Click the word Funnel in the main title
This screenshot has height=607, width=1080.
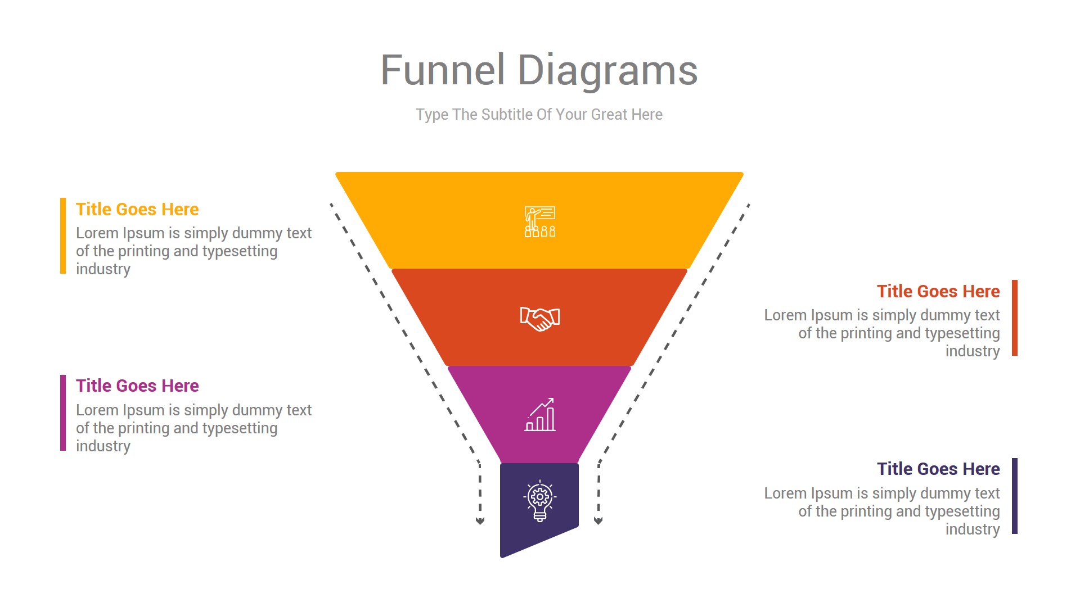tap(443, 71)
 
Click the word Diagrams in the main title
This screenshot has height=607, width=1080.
tap(607, 71)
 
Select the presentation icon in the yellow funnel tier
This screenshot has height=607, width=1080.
tap(540, 221)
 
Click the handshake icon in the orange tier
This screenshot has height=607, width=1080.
tap(540, 319)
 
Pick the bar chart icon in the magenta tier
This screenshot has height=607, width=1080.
tap(540, 415)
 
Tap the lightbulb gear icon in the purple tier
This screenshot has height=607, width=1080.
tap(540, 500)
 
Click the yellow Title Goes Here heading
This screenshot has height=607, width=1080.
tap(137, 209)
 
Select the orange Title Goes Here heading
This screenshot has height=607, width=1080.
tap(938, 291)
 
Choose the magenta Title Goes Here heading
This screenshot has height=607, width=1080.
tap(137, 386)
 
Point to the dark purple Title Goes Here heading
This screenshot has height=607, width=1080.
tap(938, 469)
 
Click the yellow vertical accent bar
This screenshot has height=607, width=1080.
tap(63, 236)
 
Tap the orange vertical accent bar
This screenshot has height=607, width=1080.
tap(1015, 318)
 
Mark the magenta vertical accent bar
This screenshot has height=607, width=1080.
tap(63, 413)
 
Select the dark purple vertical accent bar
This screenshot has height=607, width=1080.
tap(1015, 496)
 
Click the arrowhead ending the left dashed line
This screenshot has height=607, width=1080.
tap(480, 521)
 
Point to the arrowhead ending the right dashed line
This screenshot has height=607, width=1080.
tap(598, 521)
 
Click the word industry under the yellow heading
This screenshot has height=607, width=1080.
tap(103, 269)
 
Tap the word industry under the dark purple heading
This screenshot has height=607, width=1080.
tap(972, 529)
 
